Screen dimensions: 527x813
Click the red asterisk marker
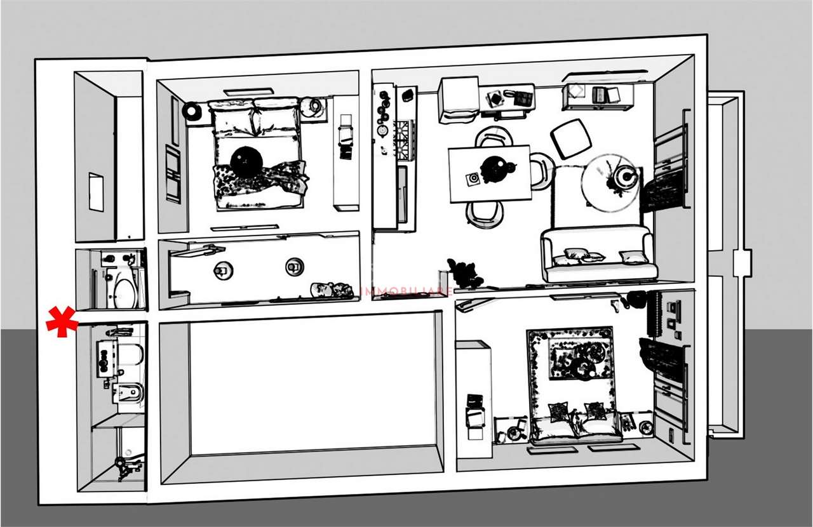(62, 321)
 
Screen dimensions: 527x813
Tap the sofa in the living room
(597, 255)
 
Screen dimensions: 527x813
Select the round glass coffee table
(610, 182)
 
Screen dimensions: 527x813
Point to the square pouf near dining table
(570, 138)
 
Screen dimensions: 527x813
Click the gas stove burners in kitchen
(405, 139)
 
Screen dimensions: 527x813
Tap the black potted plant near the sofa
(463, 272)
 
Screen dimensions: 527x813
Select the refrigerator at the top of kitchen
(458, 99)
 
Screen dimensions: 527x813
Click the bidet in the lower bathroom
(130, 393)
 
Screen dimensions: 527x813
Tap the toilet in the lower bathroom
(129, 356)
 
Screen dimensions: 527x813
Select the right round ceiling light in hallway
(294, 267)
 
